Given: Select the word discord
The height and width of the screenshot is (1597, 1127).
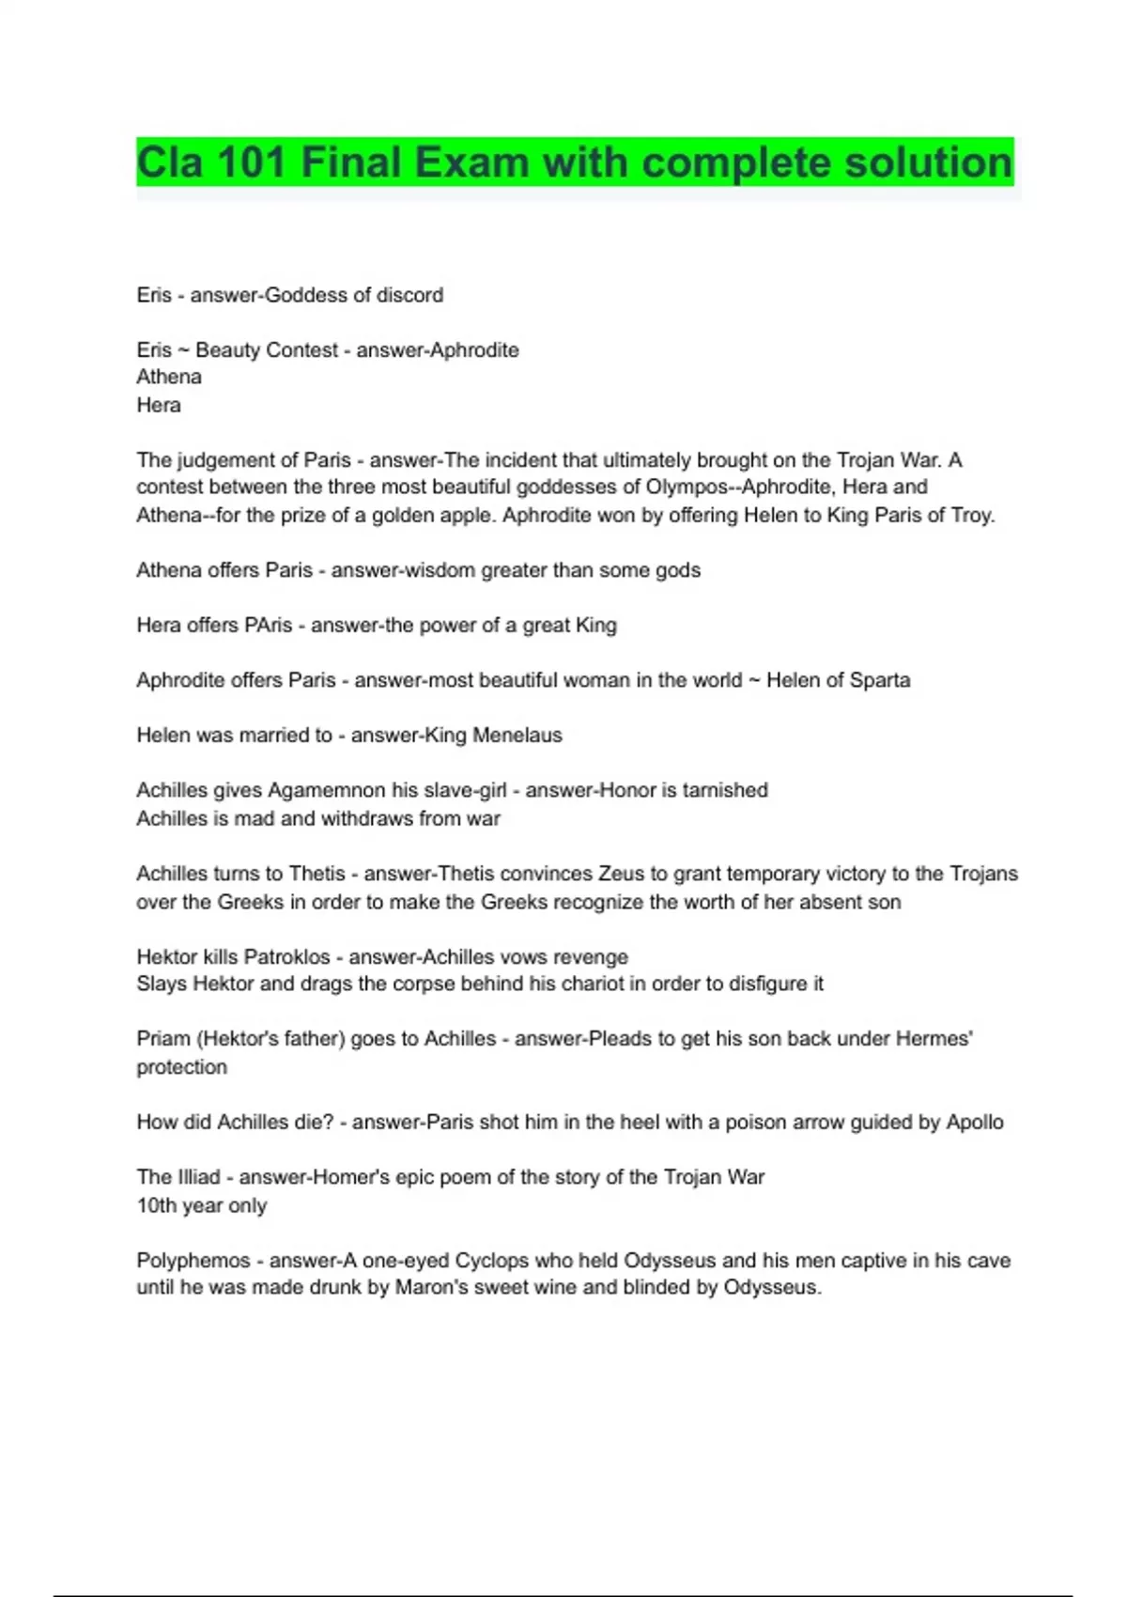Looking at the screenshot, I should pyautogui.click(x=409, y=295).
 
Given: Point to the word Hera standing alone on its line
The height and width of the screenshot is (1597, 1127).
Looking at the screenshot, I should pyautogui.click(x=159, y=405).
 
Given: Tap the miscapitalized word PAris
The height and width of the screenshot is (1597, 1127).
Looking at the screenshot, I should pyautogui.click(x=268, y=626).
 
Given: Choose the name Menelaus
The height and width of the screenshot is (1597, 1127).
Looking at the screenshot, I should pyautogui.click(x=517, y=736).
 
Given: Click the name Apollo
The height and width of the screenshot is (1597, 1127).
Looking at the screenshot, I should pyautogui.click(x=975, y=1123).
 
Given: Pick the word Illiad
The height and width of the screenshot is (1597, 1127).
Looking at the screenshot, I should pyautogui.click(x=198, y=1177).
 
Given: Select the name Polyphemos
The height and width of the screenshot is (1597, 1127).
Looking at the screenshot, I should pyautogui.click(x=193, y=1261).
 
